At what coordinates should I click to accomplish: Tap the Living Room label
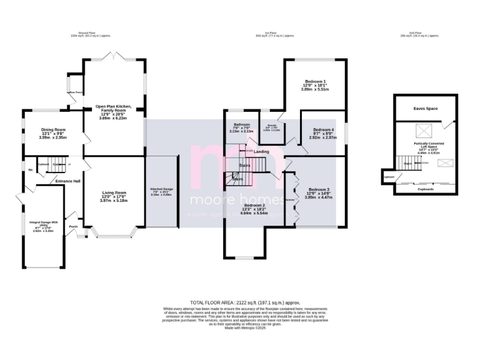[114, 192]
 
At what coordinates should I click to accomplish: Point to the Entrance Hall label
[68, 181]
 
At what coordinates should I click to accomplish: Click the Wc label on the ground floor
[30, 170]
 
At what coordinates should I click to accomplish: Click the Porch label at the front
[73, 226]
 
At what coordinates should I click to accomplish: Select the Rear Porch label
[76, 93]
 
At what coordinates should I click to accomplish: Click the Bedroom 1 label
[316, 81]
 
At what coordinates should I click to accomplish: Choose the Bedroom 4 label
[324, 129]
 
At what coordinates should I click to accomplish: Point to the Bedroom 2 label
[255, 205]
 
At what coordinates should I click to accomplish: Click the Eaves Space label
[425, 109]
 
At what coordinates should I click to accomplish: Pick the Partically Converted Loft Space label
[425, 146]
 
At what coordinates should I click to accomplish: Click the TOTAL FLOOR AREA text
[240, 301]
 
